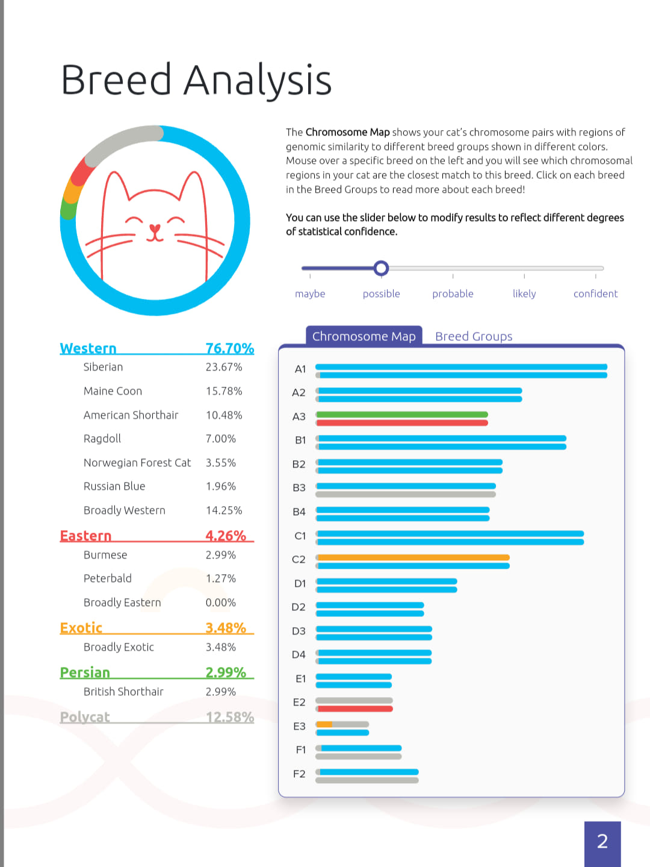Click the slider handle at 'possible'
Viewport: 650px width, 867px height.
[381, 268]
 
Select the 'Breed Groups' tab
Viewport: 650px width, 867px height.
[473, 336]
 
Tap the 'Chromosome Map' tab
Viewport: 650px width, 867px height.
[364, 336]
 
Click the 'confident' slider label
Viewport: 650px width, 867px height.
[595, 293]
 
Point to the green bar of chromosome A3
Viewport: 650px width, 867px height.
[402, 415]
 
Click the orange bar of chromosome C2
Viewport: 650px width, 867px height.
[413, 557]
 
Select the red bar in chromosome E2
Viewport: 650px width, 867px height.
[354, 709]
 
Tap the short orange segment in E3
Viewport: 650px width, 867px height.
[324, 724]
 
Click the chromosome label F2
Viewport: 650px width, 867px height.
[299, 774]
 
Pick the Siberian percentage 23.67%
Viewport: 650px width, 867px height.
[224, 367]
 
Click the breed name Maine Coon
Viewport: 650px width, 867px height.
[113, 391]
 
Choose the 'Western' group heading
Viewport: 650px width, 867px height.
[88, 348]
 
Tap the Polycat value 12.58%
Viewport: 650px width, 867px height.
[230, 717]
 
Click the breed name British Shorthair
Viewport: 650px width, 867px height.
[123, 692]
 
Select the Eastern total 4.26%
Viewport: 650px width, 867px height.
[226, 535]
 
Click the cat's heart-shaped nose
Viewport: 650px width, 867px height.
[155, 229]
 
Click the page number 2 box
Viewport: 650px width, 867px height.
[602, 844]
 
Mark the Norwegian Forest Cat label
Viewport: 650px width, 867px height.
[137, 463]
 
